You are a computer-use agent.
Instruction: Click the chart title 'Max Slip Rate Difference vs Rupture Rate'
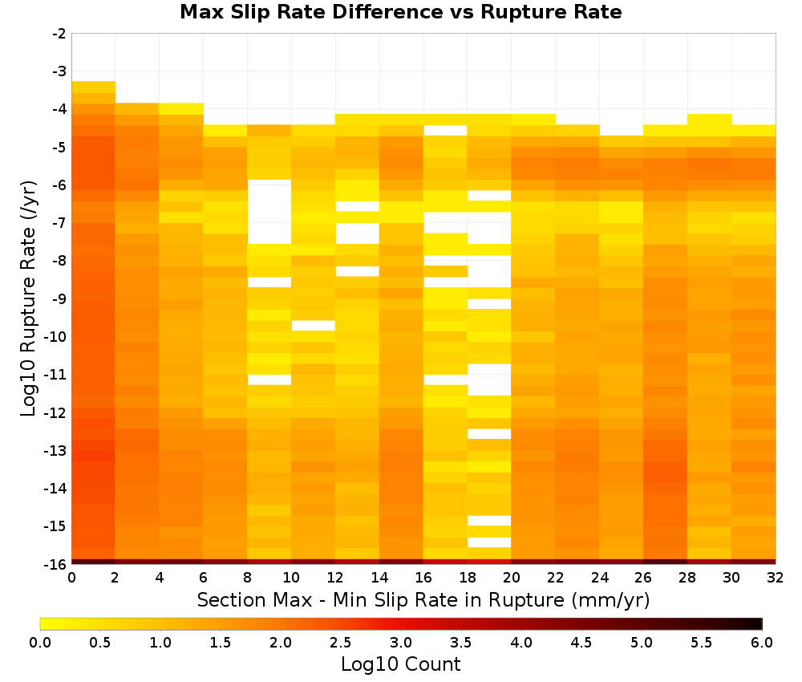(400, 12)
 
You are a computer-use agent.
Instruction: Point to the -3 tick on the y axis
(59, 71)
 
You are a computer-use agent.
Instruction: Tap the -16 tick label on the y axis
(56, 564)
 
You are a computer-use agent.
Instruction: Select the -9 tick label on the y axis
(59, 298)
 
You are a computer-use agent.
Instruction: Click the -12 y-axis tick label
(56, 412)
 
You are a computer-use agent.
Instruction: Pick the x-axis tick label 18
(468, 578)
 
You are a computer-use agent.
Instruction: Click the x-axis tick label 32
(776, 578)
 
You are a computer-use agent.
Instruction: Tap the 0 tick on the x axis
(71, 578)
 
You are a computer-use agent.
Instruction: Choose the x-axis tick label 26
(643, 578)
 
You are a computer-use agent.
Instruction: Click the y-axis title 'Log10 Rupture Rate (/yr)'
(29, 298)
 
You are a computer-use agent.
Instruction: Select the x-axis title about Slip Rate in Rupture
(423, 600)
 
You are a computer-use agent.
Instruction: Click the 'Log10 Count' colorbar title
(400, 664)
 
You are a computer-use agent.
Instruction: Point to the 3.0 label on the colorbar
(401, 643)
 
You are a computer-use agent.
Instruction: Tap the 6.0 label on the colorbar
(762, 643)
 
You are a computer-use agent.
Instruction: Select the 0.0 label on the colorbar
(40, 643)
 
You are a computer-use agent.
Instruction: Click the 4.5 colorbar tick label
(581, 643)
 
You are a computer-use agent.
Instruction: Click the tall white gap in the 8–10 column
(269, 212)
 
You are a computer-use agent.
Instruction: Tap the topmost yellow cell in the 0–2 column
(94, 87)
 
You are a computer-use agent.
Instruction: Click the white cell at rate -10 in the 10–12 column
(314, 326)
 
